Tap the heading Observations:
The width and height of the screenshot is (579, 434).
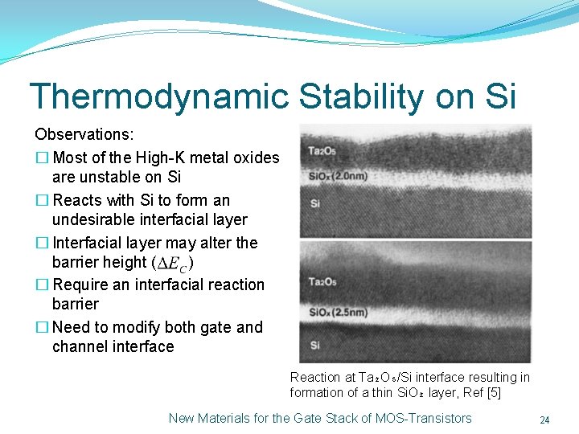point(84,133)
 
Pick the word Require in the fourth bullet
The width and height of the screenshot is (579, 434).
point(79,285)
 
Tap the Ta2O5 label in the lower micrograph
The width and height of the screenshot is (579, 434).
point(322,281)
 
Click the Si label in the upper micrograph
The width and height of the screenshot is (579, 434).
point(314,203)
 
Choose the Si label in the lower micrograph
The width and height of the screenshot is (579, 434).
point(314,345)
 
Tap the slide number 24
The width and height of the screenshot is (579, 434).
point(544,420)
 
